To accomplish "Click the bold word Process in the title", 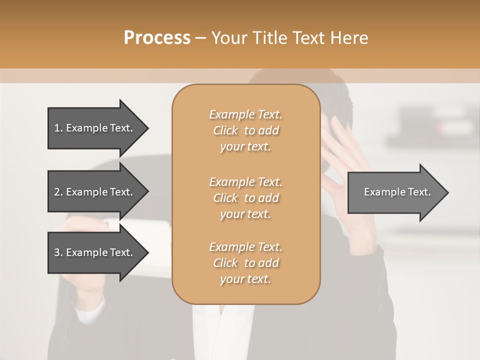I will [x=157, y=38].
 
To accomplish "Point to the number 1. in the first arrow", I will [x=58, y=128].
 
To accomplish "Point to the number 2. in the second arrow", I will [x=58, y=192].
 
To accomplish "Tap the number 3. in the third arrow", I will [x=58, y=252].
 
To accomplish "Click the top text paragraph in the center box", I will [x=245, y=130].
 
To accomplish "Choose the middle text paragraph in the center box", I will [x=245, y=198].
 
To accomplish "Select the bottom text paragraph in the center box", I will [x=245, y=263].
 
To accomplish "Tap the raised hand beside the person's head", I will [x=345, y=160].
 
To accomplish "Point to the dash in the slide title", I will [x=200, y=38].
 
